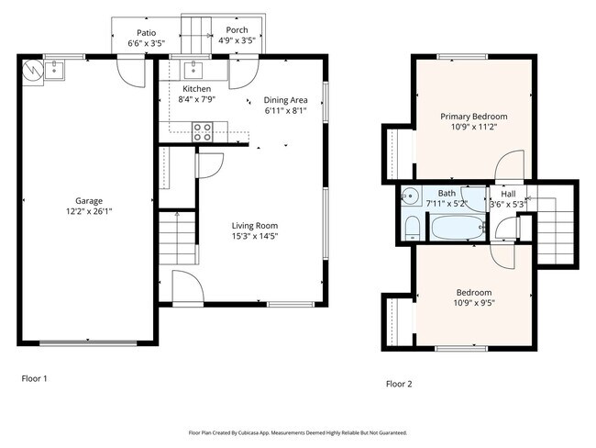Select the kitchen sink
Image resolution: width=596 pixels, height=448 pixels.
coord(194,68)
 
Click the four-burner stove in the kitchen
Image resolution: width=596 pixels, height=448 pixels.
coord(203,131)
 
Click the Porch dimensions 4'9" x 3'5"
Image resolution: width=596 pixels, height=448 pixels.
coord(237,41)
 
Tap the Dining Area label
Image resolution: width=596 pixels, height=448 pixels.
coord(285,100)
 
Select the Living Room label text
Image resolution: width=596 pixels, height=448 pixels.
coord(254,225)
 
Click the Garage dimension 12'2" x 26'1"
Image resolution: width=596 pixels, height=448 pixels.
coord(89,211)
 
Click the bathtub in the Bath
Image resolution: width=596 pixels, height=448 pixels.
coord(459,228)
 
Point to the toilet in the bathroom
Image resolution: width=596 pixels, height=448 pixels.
coord(412,227)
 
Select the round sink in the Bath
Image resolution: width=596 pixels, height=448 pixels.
coord(411,194)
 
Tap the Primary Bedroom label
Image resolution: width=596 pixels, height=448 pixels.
coord(473,117)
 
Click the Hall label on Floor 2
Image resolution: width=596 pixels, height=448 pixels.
coord(507,194)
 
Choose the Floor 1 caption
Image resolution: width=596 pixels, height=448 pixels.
coord(34,377)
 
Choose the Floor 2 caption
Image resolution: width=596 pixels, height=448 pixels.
coord(399,384)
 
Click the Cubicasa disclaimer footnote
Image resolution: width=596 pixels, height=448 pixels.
coord(297,432)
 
